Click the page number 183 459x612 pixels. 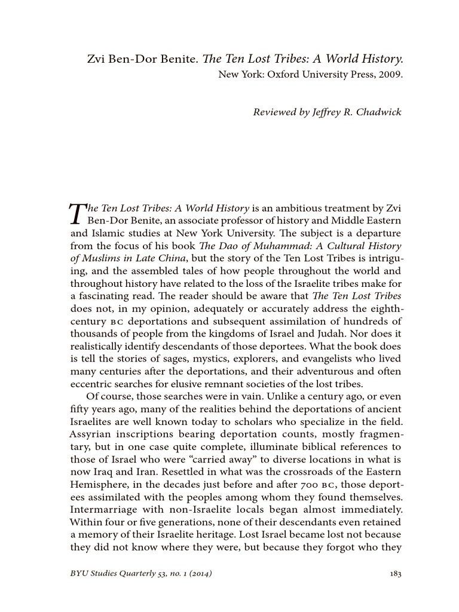[x=394, y=574]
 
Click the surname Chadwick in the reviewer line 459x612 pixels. [x=380, y=112]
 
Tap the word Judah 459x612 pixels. [x=367, y=333]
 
